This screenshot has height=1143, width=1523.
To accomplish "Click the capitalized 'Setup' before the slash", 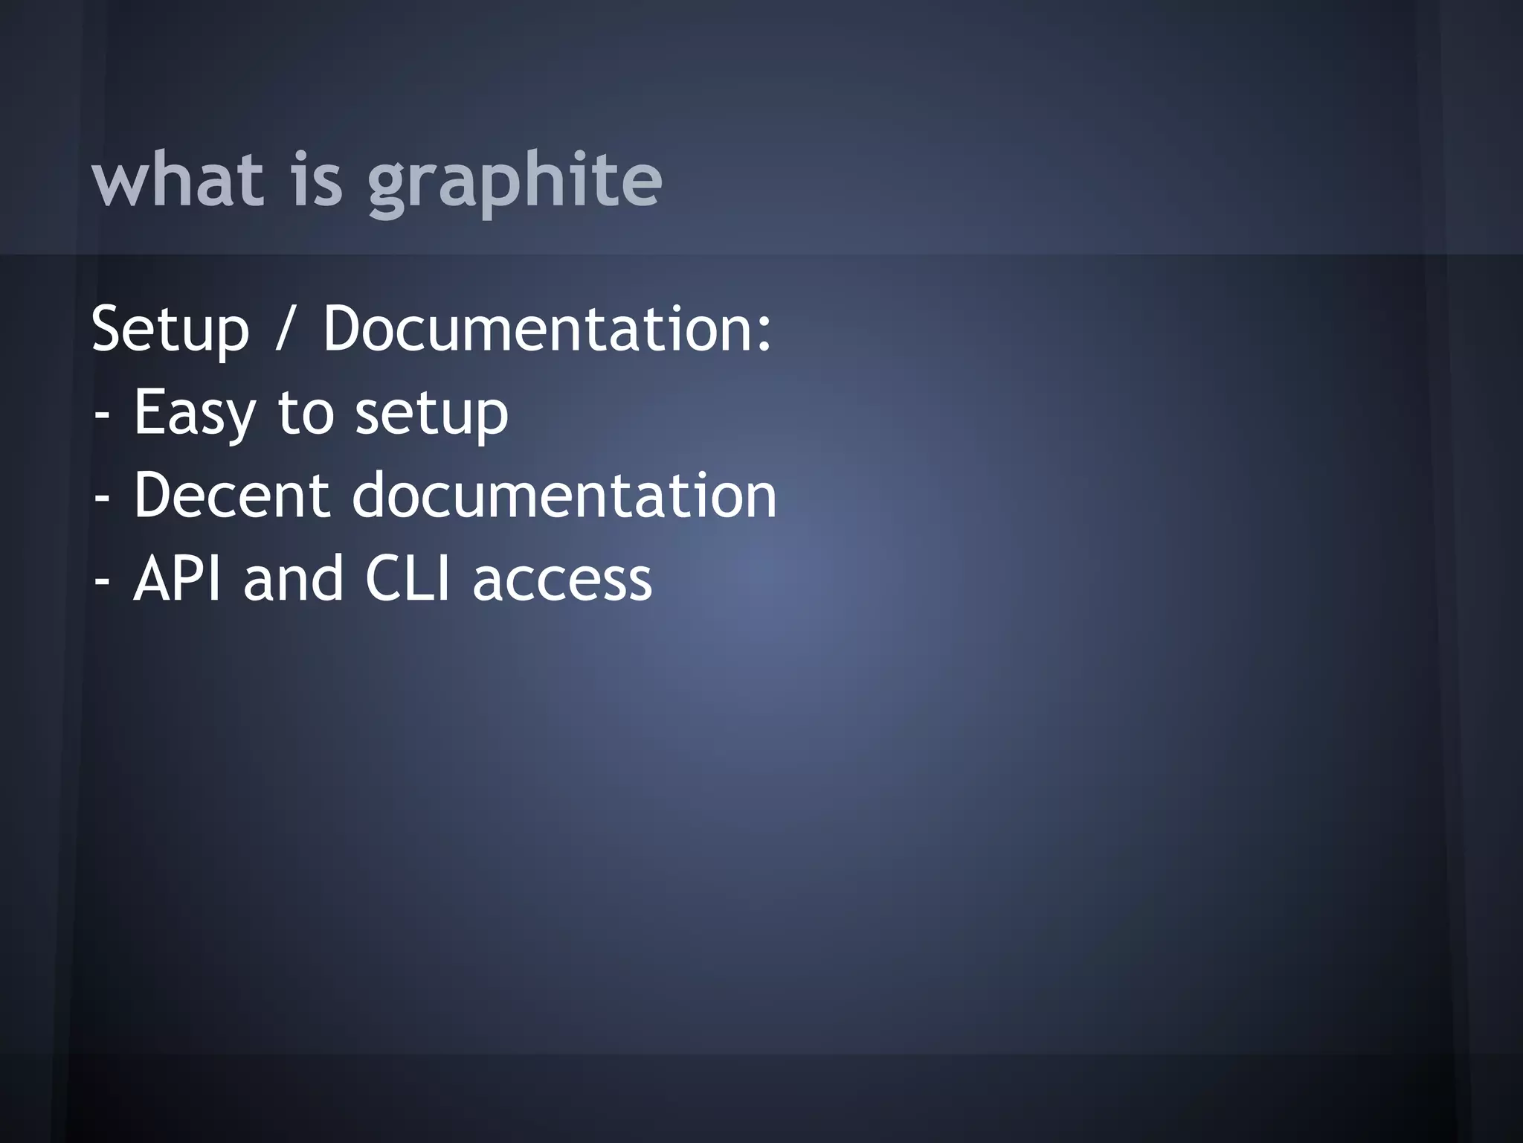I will click(x=170, y=330).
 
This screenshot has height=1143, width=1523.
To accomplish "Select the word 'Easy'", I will click(x=195, y=414).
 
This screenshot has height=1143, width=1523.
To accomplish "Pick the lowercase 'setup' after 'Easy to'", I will click(x=431, y=414).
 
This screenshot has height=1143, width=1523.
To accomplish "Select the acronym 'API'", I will click(x=177, y=578).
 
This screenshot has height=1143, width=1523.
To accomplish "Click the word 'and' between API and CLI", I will click(x=294, y=578).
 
